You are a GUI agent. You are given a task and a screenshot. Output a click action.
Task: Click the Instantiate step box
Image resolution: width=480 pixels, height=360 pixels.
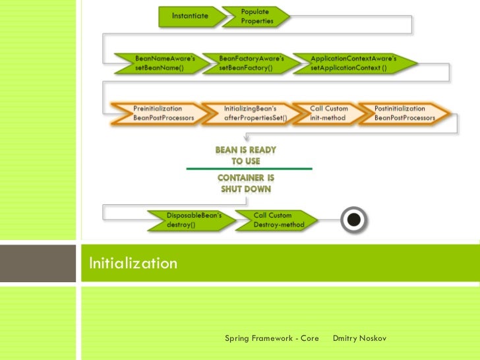tap(191, 16)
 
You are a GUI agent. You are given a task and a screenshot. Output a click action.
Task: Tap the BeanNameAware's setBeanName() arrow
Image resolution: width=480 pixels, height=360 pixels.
tap(161, 63)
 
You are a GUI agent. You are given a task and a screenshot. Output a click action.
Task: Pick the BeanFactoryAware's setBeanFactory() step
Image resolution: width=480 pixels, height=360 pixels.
tap(250, 63)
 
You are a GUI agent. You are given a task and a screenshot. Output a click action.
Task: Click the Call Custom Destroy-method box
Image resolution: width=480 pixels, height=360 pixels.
tap(277, 220)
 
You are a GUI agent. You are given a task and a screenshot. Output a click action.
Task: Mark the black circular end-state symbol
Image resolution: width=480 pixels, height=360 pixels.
tap(354, 220)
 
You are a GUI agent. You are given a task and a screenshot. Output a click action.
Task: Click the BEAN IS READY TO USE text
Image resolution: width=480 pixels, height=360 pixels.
tap(246, 156)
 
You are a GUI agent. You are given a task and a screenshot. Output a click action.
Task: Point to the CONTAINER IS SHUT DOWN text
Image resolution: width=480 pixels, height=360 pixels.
tap(246, 183)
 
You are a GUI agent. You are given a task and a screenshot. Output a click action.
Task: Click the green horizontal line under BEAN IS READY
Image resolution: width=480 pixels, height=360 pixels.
tap(249, 169)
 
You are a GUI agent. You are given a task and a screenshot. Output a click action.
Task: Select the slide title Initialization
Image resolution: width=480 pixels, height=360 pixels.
tap(133, 264)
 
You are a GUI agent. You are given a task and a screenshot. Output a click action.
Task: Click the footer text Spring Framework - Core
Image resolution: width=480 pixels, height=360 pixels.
tap(272, 338)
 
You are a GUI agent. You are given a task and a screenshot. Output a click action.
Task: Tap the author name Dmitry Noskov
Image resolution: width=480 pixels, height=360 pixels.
tap(359, 338)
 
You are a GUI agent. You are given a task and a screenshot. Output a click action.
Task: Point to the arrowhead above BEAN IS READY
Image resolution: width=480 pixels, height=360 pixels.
tap(245, 138)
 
